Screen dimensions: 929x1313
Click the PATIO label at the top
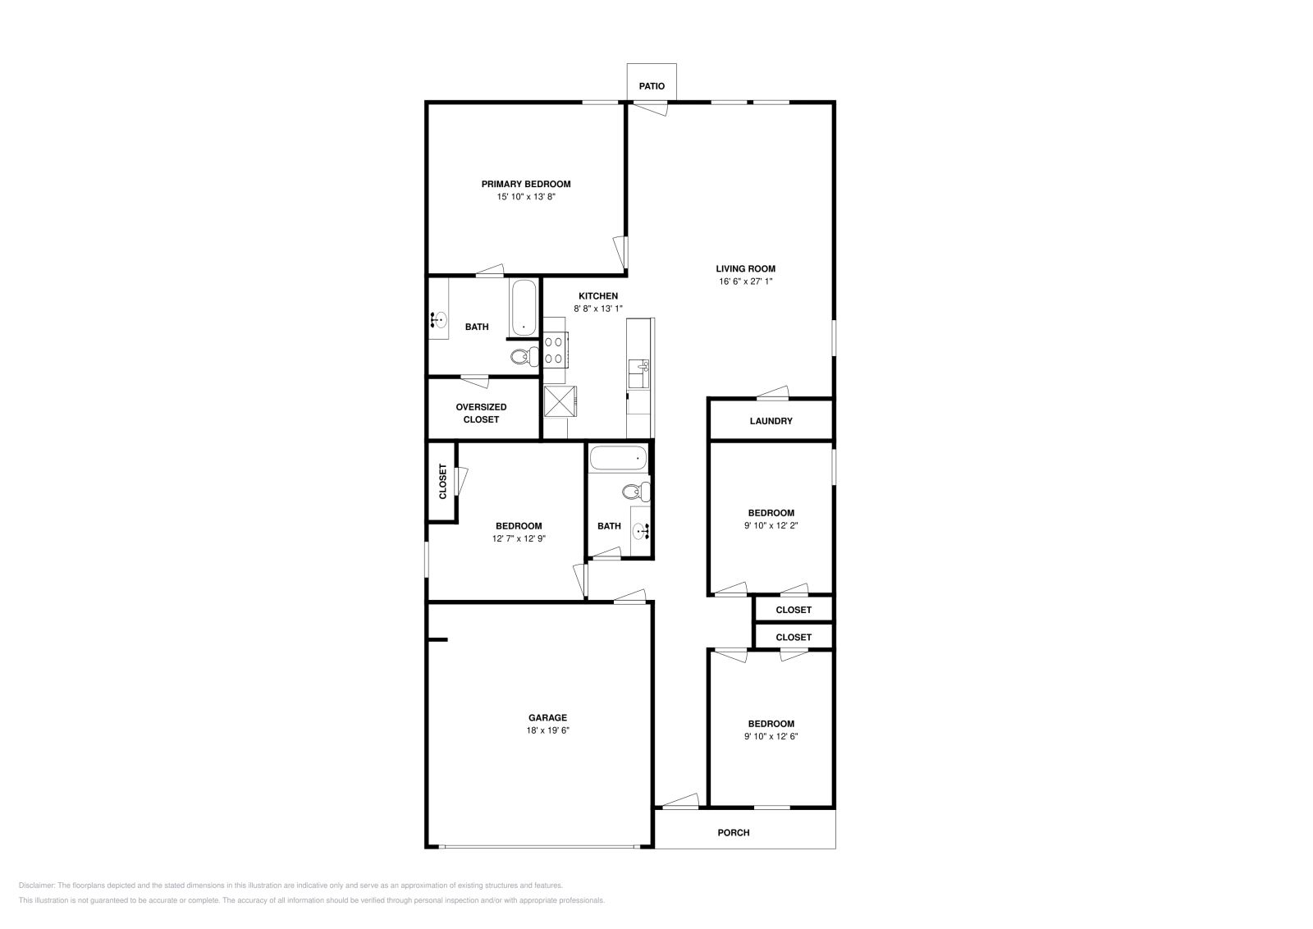(652, 86)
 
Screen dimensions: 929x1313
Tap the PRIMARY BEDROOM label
(525, 184)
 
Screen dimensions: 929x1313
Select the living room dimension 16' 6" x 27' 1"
(745, 281)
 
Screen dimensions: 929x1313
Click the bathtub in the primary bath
(524, 308)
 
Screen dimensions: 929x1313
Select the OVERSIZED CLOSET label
(481, 413)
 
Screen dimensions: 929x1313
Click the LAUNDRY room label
(771, 421)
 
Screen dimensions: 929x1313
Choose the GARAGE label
(547, 717)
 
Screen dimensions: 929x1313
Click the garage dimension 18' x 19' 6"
(547, 730)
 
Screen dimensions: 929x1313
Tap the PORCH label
(733, 832)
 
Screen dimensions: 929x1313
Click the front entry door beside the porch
(680, 802)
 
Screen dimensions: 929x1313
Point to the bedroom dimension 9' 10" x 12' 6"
(771, 737)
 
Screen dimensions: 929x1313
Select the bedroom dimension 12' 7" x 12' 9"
(518, 539)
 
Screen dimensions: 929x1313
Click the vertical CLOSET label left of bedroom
(442, 482)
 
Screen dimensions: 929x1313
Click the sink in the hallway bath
(640, 531)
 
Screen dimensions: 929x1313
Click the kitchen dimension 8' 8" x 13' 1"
(598, 309)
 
